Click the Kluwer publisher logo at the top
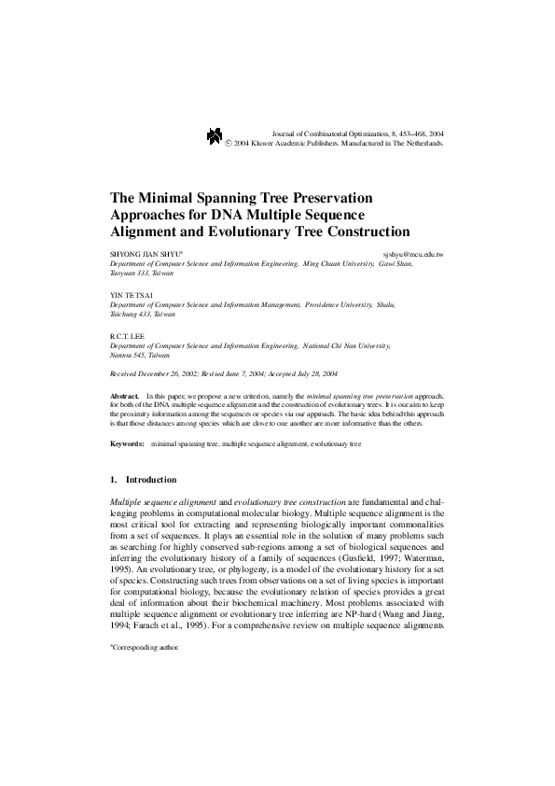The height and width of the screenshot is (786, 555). [x=214, y=138]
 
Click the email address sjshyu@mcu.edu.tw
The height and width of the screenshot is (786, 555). [x=413, y=254]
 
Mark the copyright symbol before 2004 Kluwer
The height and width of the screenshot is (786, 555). [x=229, y=145]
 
